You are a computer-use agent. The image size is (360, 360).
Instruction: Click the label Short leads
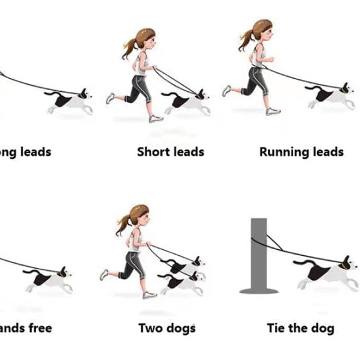(170, 152)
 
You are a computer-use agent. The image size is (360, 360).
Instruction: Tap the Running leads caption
(301, 152)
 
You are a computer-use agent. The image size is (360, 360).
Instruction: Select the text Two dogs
(167, 328)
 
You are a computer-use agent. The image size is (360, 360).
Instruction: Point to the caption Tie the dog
(300, 328)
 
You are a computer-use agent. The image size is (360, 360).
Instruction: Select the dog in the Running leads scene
(329, 96)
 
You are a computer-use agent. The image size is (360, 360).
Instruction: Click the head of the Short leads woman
(146, 39)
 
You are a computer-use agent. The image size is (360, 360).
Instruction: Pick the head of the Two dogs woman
(139, 215)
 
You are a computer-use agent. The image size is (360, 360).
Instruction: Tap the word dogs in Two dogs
(181, 328)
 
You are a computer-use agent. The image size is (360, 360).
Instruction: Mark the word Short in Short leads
(153, 152)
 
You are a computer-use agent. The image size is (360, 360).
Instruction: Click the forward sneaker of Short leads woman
(156, 119)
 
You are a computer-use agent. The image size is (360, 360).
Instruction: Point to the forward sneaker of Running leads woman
(273, 111)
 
